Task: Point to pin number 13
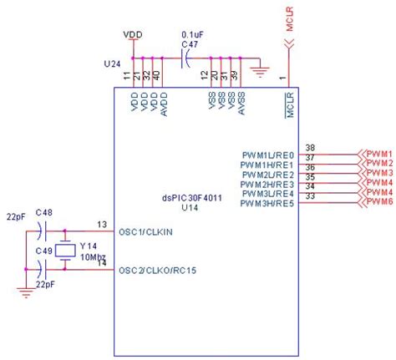tap(102, 224)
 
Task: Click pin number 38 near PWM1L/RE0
tap(310, 148)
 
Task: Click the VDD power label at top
tap(132, 34)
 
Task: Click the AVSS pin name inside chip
tap(242, 104)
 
